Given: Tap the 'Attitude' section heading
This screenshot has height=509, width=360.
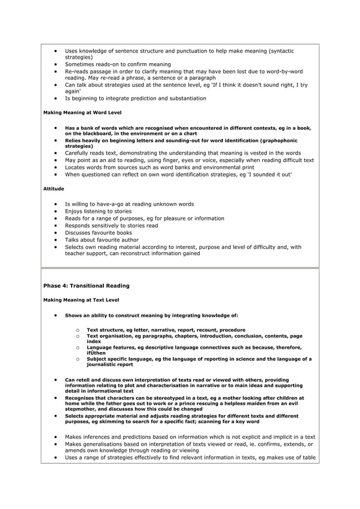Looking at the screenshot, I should [x=54, y=188].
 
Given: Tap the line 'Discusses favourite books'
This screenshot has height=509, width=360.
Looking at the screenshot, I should [x=98, y=232].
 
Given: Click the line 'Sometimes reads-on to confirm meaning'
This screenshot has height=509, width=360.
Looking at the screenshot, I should [x=118, y=64].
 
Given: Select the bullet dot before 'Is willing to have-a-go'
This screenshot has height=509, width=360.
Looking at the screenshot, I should [x=56, y=204].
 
